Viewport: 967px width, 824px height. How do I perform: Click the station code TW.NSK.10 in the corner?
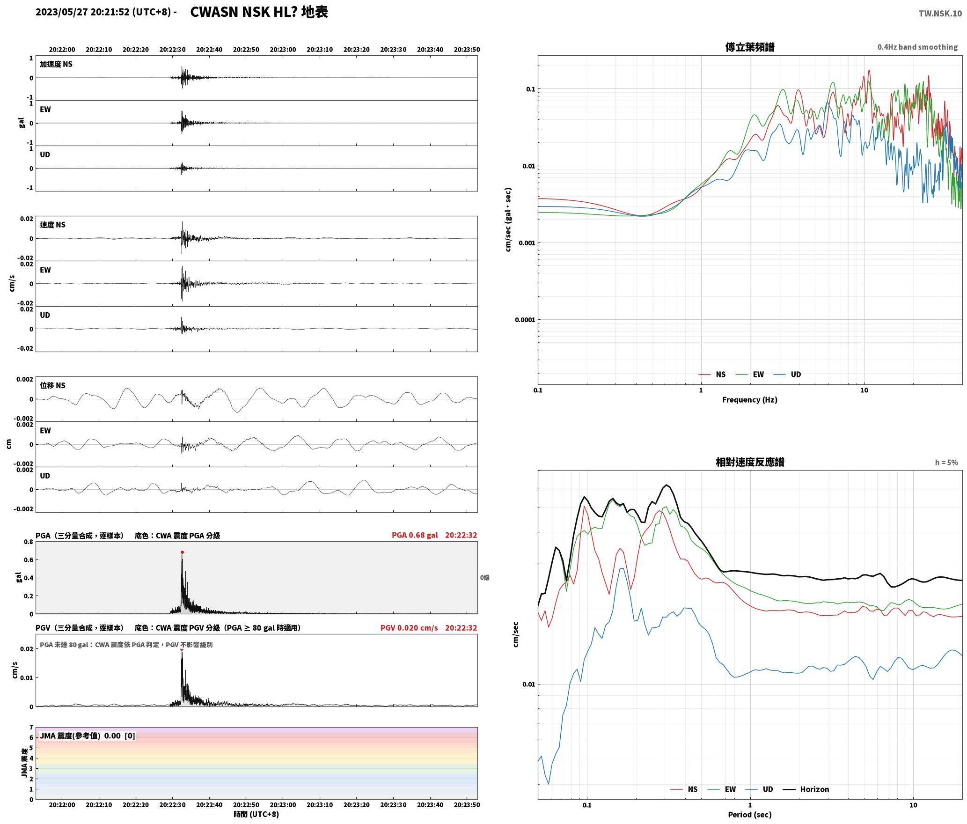pos(940,14)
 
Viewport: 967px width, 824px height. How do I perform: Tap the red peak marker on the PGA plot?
pos(182,552)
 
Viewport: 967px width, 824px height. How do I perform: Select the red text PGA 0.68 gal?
pos(415,535)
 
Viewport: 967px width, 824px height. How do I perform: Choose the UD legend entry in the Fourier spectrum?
pos(787,375)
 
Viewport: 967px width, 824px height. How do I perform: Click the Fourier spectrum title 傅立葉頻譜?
pos(750,47)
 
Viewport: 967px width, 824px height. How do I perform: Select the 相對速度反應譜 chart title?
pos(750,462)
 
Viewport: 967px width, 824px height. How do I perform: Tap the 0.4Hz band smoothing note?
pos(917,47)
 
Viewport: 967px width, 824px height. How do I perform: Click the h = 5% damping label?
pos(946,463)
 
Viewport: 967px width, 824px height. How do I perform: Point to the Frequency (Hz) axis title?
pos(750,400)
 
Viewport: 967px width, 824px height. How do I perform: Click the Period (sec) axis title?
pos(750,815)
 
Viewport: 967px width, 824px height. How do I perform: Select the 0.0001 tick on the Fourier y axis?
pos(525,320)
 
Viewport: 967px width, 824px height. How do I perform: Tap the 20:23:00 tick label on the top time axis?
pos(283,50)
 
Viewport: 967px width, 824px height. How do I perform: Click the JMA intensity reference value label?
pos(88,736)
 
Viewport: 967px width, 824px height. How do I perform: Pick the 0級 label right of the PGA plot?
pos(484,578)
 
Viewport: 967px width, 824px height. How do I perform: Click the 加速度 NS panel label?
pos(56,64)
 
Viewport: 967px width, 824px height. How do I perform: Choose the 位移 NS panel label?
pos(53,385)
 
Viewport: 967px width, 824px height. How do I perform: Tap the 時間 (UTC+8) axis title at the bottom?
pos(256,814)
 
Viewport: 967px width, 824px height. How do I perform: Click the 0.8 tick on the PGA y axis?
pos(29,542)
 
